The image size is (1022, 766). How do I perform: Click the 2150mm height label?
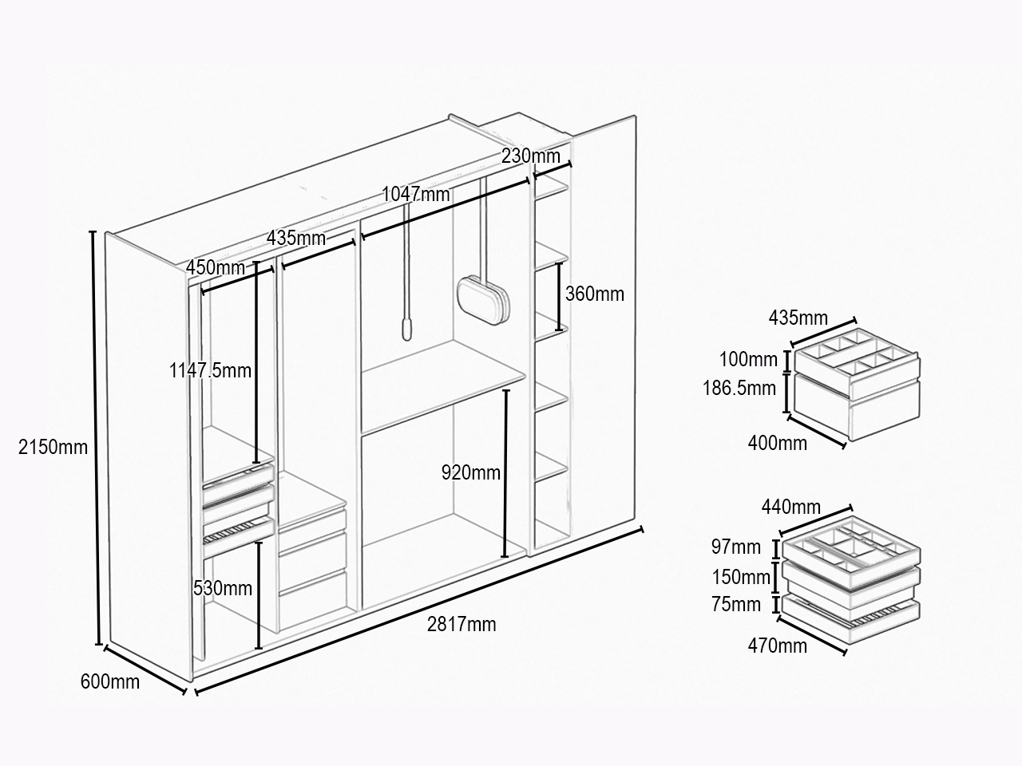[53, 447]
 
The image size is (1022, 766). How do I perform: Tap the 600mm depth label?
[110, 681]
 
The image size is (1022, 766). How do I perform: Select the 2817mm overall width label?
[461, 624]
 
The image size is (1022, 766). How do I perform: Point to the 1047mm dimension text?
[416, 194]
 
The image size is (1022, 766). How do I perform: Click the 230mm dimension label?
[531, 156]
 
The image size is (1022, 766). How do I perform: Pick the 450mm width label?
[215, 267]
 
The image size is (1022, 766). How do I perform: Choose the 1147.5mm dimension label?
[210, 371]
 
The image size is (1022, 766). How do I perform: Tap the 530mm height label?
[223, 588]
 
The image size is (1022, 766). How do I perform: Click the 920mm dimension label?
[471, 472]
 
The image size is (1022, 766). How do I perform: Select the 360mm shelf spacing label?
[595, 294]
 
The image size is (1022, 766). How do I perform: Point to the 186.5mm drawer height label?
[739, 388]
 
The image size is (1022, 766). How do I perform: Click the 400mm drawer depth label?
[778, 443]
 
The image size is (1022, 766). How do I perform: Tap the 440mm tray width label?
[791, 507]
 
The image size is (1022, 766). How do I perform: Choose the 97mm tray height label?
[735, 547]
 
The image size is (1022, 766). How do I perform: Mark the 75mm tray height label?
[735, 605]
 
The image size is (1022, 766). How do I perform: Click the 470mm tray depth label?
[778, 646]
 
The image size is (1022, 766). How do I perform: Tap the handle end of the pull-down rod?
[407, 329]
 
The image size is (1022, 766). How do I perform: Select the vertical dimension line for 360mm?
[559, 297]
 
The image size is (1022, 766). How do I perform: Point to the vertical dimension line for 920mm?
[506, 473]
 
